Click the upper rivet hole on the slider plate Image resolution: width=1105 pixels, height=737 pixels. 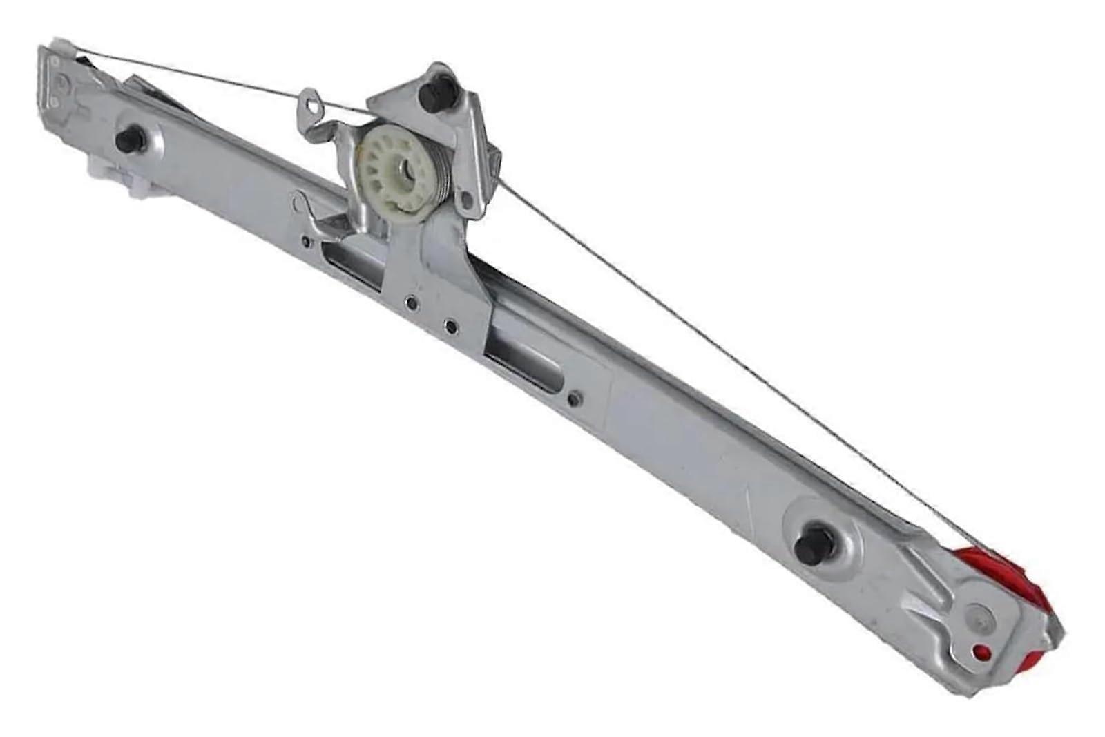click(x=412, y=302)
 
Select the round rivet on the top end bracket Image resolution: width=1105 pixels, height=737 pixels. click(x=64, y=82)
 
